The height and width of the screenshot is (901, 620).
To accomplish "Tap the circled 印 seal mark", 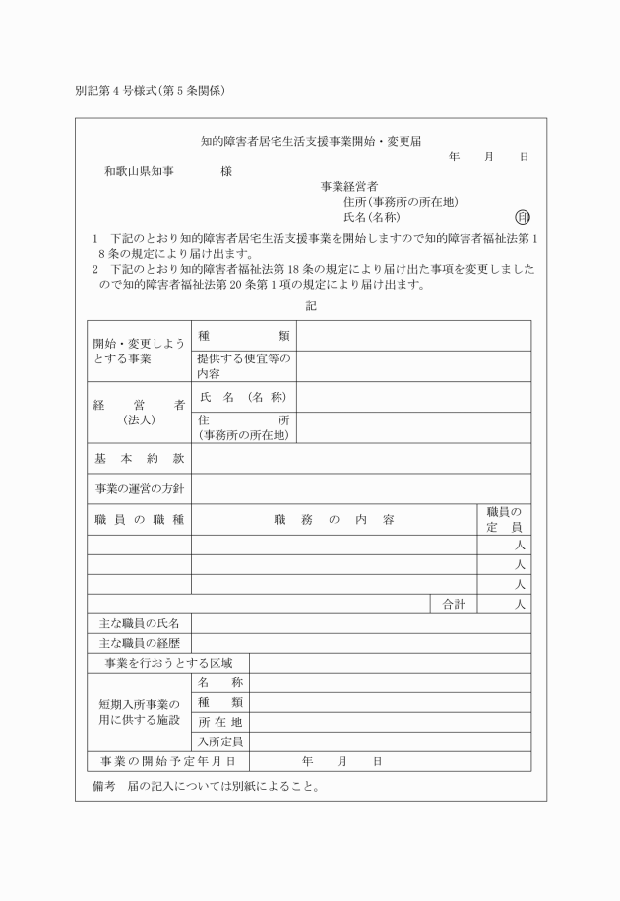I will tap(523, 217).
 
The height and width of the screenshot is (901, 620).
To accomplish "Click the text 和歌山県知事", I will tap(140, 171).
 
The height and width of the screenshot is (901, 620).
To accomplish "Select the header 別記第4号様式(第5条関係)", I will tap(152, 92).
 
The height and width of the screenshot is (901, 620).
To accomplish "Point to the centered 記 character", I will tap(311, 306).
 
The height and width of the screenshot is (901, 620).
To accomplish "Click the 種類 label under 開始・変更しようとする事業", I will tap(243, 336).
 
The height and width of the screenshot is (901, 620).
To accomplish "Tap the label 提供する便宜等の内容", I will tap(243, 366).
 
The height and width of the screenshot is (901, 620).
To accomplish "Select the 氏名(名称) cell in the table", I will tap(242, 397).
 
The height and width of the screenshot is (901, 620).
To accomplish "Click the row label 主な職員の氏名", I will tap(139, 623).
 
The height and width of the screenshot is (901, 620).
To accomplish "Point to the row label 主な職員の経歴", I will tap(139, 643).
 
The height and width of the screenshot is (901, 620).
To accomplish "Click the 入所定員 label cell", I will tap(219, 741).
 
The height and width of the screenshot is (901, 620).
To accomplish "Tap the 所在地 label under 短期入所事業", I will tap(219, 722).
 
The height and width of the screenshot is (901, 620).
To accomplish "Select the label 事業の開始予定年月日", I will tap(167, 761).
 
